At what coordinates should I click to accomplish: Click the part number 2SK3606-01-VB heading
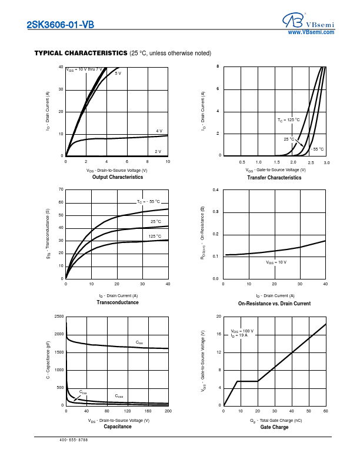tap(60, 25)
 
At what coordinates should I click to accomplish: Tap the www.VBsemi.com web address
tap(311, 32)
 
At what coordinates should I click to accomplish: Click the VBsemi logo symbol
tap(290, 21)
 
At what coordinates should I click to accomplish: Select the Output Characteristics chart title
tap(118, 177)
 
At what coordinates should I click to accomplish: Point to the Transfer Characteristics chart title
tap(274, 177)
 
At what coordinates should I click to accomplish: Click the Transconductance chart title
tap(118, 302)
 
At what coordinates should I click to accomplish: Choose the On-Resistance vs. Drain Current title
tap(274, 304)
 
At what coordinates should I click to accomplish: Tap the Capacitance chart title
tap(118, 427)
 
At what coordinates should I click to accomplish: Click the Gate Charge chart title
tap(274, 427)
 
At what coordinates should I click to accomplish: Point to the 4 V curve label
tap(159, 131)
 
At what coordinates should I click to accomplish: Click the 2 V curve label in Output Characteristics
tap(158, 151)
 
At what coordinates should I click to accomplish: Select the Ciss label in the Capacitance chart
tap(139, 342)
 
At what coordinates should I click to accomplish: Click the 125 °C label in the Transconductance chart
tap(155, 236)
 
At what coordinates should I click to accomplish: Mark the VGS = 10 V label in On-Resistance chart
tap(276, 262)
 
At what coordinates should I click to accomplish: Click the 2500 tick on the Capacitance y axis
tap(59, 317)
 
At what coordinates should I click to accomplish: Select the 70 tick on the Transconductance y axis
tap(61, 189)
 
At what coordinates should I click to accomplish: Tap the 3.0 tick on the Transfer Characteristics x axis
tap(326, 162)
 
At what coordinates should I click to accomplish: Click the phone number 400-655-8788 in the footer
tap(74, 440)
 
